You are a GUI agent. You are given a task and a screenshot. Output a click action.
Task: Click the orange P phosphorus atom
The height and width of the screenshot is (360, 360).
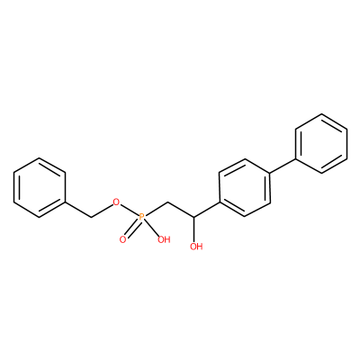click(142, 217)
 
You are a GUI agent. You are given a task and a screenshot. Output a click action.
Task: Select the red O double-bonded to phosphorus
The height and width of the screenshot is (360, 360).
click(122, 239)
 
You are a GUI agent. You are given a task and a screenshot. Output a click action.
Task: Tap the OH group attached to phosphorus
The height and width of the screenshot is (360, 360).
click(164, 239)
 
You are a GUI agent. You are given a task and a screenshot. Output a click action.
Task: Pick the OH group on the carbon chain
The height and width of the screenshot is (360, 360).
click(196, 247)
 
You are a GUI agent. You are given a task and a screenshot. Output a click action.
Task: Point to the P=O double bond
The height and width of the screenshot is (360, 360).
click(132, 229)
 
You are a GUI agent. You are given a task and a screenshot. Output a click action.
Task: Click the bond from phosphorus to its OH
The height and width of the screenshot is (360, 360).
click(152, 228)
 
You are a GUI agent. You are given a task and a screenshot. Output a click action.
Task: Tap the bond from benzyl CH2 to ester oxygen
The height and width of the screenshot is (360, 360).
click(101, 210)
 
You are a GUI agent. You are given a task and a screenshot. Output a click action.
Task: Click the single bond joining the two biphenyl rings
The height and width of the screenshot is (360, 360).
click(283, 166)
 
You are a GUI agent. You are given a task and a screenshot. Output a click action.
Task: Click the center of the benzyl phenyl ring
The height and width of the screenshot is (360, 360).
click(40, 187)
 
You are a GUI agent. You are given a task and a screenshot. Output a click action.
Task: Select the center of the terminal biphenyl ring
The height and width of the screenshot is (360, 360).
click(321, 143)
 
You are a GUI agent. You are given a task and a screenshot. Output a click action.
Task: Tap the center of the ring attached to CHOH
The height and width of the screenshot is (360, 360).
click(245, 187)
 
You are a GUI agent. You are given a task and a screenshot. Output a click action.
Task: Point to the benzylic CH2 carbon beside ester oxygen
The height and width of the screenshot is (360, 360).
click(90, 217)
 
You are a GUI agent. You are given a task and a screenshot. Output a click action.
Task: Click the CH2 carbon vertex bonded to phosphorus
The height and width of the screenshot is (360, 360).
click(168, 202)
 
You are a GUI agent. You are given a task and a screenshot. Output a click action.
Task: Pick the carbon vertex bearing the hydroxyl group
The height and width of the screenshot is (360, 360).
click(194, 217)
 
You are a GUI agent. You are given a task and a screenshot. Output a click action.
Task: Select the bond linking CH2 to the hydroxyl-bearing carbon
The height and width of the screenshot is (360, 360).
click(181, 210)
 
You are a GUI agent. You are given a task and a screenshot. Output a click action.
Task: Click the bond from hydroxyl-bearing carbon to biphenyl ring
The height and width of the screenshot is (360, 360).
click(207, 210)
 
